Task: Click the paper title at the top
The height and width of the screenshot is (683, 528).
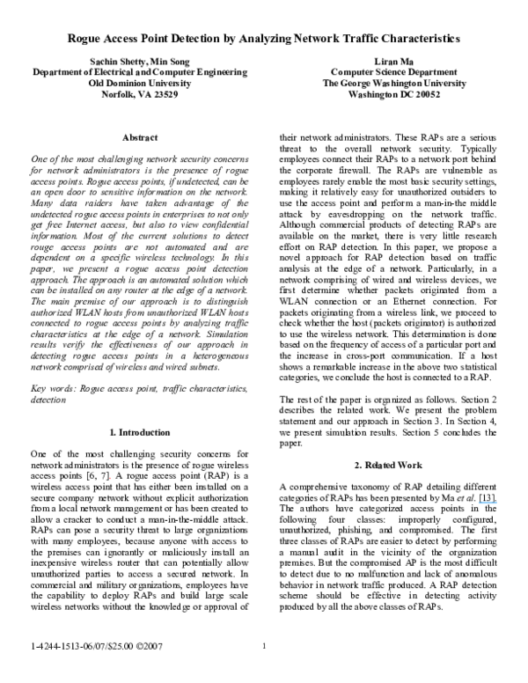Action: [264, 39]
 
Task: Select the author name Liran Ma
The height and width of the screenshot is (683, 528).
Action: [394, 62]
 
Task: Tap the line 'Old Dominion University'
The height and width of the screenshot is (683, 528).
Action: [140, 84]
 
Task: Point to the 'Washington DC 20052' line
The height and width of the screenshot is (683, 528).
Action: [394, 94]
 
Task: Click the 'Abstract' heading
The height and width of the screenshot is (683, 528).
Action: [140, 137]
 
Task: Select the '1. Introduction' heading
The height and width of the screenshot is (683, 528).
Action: [140, 432]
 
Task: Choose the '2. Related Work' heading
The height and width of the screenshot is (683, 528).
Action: [388, 466]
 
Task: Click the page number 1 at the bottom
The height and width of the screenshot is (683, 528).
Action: [264, 646]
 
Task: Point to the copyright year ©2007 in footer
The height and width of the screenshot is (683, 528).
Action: [150, 646]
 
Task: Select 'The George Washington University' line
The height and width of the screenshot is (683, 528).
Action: [394, 84]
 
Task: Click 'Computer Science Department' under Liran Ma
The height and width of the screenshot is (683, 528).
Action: [394, 72]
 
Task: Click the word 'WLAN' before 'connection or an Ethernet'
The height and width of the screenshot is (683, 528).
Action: [294, 301]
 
